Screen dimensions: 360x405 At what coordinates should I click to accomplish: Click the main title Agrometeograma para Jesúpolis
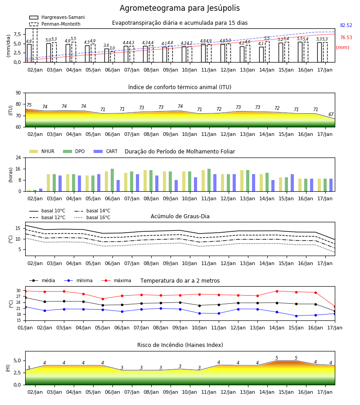pyautogui.click(x=180, y=8)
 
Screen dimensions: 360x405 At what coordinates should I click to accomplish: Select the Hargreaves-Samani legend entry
pyautogui.click(x=57, y=17)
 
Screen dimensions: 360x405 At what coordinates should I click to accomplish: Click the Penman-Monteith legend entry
pyautogui.click(x=55, y=24)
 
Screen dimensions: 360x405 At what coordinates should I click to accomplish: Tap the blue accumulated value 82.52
pyautogui.click(x=346, y=25)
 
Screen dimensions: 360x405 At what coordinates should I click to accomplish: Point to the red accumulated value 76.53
pyautogui.click(x=346, y=37)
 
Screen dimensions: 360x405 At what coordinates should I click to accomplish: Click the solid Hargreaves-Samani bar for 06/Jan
pyautogui.click(x=107, y=55)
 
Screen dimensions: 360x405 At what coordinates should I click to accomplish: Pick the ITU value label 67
pyautogui.click(x=331, y=114)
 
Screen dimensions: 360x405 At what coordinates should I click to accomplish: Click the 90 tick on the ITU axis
pyautogui.click(x=18, y=93)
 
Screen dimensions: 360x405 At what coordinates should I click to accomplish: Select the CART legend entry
pyautogui.click(x=105, y=151)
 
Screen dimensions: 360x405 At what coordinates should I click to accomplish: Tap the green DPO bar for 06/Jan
pyautogui.click(x=112, y=180)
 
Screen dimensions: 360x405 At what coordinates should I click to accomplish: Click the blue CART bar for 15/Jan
pyautogui.click(x=292, y=183)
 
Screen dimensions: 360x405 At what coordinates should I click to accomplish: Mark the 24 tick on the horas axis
pyautogui.click(x=18, y=157)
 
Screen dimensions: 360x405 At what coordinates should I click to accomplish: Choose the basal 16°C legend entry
pyautogui.click(x=92, y=217)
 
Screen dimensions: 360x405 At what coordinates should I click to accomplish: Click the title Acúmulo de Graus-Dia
pyautogui.click(x=180, y=216)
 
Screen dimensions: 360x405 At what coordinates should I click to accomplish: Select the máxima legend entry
pyautogui.click(x=116, y=280)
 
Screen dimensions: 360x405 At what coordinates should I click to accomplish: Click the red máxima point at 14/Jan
pyautogui.click(x=277, y=291)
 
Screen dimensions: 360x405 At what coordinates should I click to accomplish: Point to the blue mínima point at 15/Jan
pyautogui.click(x=296, y=316)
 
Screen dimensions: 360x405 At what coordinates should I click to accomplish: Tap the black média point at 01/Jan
pyautogui.click(x=26, y=298)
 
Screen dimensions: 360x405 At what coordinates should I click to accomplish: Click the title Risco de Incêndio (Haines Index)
pyautogui.click(x=180, y=345)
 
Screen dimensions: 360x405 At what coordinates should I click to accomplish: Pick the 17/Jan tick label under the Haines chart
pyautogui.click(x=325, y=392)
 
